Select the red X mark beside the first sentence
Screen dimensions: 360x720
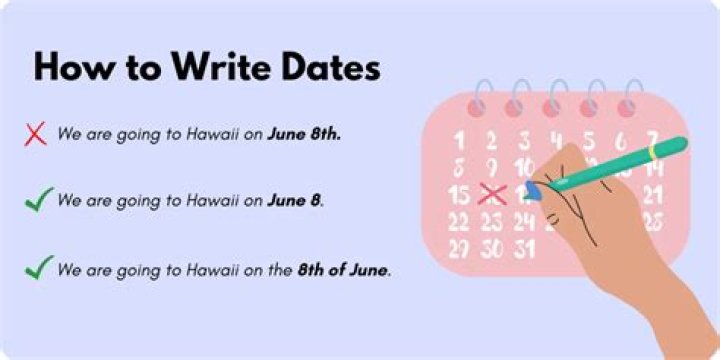click(36, 133)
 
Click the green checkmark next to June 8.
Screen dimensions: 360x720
click(38, 200)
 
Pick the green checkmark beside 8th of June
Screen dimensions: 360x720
click(38, 268)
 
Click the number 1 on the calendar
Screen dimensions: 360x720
click(459, 141)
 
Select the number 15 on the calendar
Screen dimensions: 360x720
click(460, 194)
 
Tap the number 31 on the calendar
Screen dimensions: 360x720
click(524, 247)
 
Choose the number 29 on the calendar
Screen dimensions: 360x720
click(460, 247)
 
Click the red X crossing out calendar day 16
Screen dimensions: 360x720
click(491, 194)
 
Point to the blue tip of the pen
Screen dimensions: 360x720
click(534, 190)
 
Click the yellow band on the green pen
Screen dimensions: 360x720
click(652, 151)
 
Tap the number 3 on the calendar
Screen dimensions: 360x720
click(523, 141)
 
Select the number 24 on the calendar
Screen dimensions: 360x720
click(524, 221)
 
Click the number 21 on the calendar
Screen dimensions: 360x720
click(653, 194)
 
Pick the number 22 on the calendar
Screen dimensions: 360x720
click(460, 221)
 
